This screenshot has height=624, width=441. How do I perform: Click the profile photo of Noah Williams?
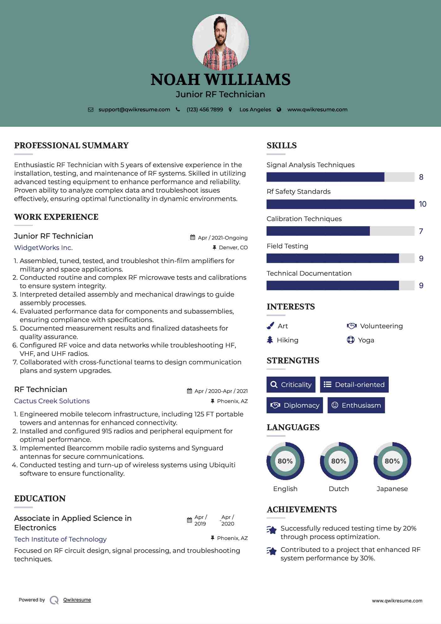coord(220,42)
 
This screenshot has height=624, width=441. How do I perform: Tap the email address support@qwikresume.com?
coord(134,110)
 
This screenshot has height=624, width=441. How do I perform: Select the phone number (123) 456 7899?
coord(205,110)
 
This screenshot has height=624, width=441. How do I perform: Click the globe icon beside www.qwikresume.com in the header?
coord(279,110)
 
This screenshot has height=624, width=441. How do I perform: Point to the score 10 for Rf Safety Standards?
coord(423,204)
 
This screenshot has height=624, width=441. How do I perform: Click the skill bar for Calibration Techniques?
coord(340,231)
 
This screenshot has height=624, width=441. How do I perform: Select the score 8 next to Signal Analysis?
coord(421,177)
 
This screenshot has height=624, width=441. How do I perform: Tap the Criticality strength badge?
coord(291,385)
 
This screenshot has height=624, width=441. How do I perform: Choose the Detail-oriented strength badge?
coord(354,385)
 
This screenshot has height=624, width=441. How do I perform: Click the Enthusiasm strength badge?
coord(356,405)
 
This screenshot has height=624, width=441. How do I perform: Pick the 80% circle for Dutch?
coord(339,461)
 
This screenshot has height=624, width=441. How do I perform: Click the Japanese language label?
coord(392,489)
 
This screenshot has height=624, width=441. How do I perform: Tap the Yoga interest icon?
coord(350,340)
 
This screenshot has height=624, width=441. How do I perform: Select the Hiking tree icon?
coord(270,340)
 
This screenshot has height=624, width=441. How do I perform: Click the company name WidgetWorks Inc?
coord(43,248)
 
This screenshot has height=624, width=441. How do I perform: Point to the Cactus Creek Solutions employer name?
coord(52,401)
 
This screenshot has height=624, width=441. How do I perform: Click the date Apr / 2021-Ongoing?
coord(223,238)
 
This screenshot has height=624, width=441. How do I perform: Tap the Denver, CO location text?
coord(233,248)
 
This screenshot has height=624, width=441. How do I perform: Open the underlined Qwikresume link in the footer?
coord(77,600)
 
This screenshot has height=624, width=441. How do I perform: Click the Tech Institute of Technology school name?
coord(60,539)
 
